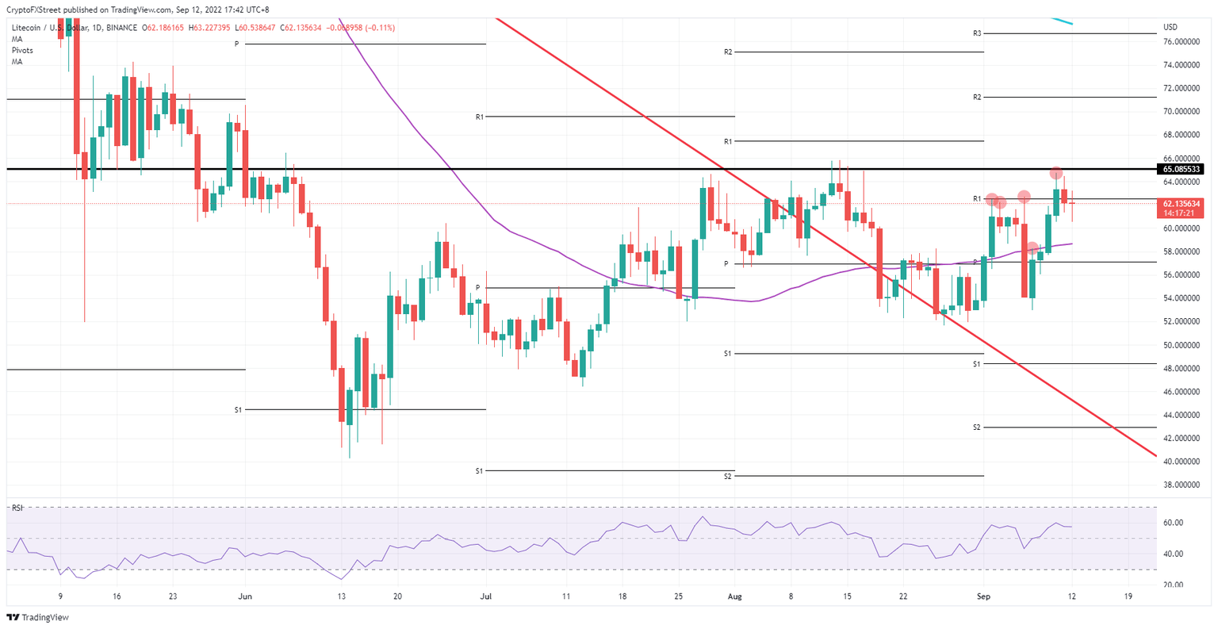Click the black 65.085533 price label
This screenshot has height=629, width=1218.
pos(1182,169)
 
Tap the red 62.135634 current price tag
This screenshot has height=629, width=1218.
pos(1182,204)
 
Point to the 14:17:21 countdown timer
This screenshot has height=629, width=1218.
pos(1182,213)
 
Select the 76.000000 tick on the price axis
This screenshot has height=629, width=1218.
pos(1180,41)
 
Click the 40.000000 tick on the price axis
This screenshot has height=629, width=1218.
pos(1180,462)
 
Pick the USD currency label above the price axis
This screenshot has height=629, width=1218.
pos(1170,27)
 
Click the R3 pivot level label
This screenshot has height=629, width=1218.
pos(977,33)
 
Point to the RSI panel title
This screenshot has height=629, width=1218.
pos(17,508)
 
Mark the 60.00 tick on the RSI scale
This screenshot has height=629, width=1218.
pos(1173,523)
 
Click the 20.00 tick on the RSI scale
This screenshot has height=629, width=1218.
pos(1173,585)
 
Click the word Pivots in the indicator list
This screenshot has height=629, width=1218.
pos(22,50)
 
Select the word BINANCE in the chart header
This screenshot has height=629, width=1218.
pos(121,28)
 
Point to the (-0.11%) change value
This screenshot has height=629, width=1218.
pos(377,28)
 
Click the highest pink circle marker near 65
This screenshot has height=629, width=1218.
pos(1056,173)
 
